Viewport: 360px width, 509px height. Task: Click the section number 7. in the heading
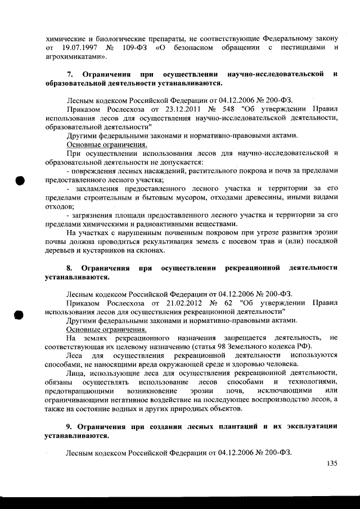point(70,74)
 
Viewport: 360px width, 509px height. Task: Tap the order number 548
point(216,108)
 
